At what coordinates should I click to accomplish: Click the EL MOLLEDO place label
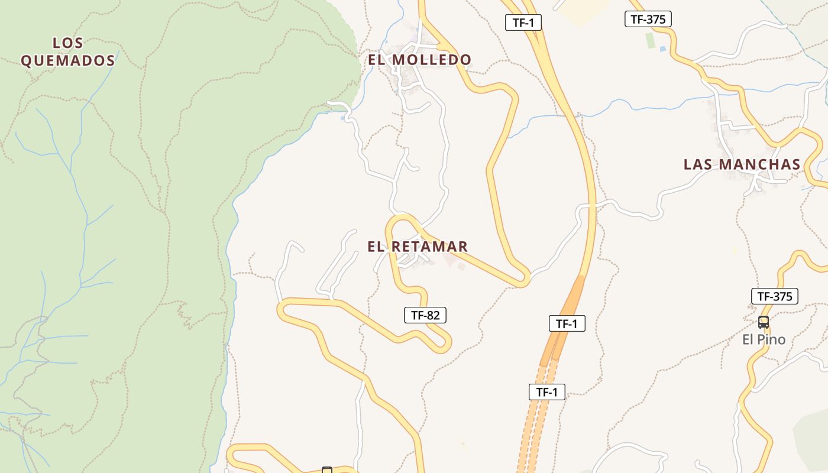coord(419,60)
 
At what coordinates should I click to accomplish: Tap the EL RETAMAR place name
coord(418,247)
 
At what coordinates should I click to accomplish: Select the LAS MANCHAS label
coord(742,164)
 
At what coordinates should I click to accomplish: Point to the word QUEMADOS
coord(67,60)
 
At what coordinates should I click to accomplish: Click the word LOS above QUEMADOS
coord(68,43)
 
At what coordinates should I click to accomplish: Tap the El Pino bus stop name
coord(764,339)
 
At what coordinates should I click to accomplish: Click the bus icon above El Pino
coord(764,322)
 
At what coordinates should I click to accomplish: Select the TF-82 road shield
coord(425,315)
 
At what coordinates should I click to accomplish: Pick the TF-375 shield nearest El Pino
coord(774,296)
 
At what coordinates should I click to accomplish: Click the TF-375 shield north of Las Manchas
coord(648,19)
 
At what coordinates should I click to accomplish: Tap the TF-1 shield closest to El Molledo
coord(523,23)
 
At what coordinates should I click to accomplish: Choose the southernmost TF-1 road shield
coord(546,392)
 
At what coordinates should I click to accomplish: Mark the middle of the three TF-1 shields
coord(567,323)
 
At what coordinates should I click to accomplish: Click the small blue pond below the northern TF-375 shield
coord(662,48)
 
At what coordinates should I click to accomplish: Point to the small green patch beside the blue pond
coord(650,41)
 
